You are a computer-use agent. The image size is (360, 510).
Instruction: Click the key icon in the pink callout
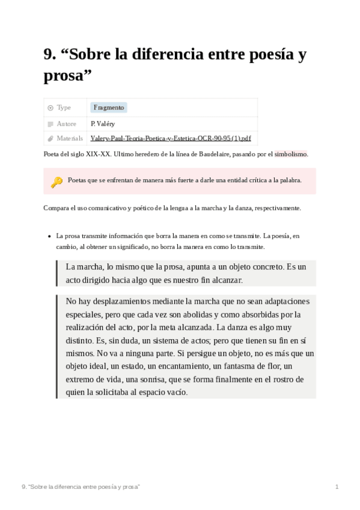[56, 182]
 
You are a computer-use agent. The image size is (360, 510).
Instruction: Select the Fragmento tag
[109, 108]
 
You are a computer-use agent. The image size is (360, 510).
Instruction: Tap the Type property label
[64, 108]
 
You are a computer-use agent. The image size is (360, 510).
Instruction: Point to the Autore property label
[66, 123]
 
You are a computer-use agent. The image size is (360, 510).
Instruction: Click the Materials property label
[70, 138]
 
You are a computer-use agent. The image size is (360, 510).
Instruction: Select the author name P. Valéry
[103, 123]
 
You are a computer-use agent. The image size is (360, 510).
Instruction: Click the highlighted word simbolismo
[291, 154]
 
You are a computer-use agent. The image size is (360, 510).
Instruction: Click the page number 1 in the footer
[337, 486]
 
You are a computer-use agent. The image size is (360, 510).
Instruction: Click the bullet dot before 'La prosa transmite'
[48, 236]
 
